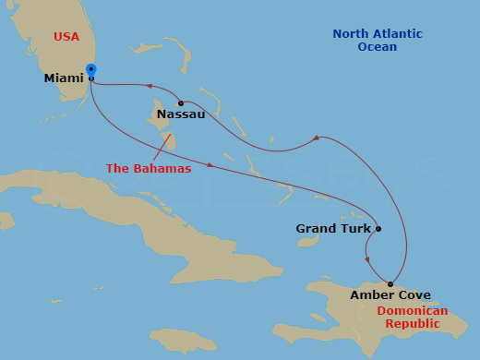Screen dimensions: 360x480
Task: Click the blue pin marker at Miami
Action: coord(90,71)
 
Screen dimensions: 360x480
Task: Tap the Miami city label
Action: coord(64,78)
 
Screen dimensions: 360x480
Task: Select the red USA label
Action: coord(66,37)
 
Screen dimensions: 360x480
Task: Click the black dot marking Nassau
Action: coord(181,102)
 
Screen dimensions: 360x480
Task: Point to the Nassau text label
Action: coord(181,114)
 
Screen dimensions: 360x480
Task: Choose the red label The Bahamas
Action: coord(149,169)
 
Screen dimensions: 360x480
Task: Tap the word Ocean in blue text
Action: coord(377,47)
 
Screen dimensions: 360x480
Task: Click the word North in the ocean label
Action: coord(349,34)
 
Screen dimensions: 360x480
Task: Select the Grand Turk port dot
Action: coord(378,229)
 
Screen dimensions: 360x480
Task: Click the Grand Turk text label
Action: coord(333,228)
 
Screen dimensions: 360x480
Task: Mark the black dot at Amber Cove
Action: coord(390,283)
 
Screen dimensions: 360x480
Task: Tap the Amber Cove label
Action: coord(390,295)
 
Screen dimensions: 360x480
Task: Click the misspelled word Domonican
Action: coord(413,311)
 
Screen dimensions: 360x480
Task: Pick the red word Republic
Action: coord(413,324)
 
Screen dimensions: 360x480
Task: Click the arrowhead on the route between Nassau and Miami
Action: coord(149,88)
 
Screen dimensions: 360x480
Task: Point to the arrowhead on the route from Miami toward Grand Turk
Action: coord(210,165)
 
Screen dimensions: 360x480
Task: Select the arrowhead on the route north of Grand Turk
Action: coord(316,138)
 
